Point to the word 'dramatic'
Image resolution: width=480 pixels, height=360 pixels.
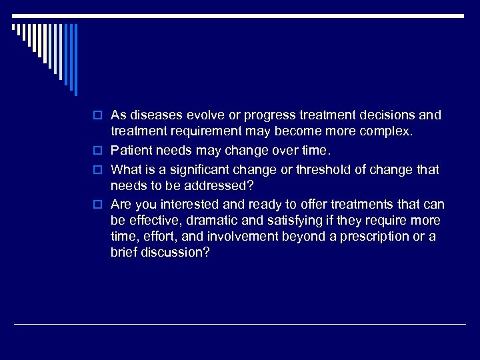(216, 221)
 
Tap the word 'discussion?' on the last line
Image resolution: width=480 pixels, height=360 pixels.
(175, 254)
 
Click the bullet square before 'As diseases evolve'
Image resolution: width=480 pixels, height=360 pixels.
(99, 116)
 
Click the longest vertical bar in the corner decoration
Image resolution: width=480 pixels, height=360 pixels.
(75, 60)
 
